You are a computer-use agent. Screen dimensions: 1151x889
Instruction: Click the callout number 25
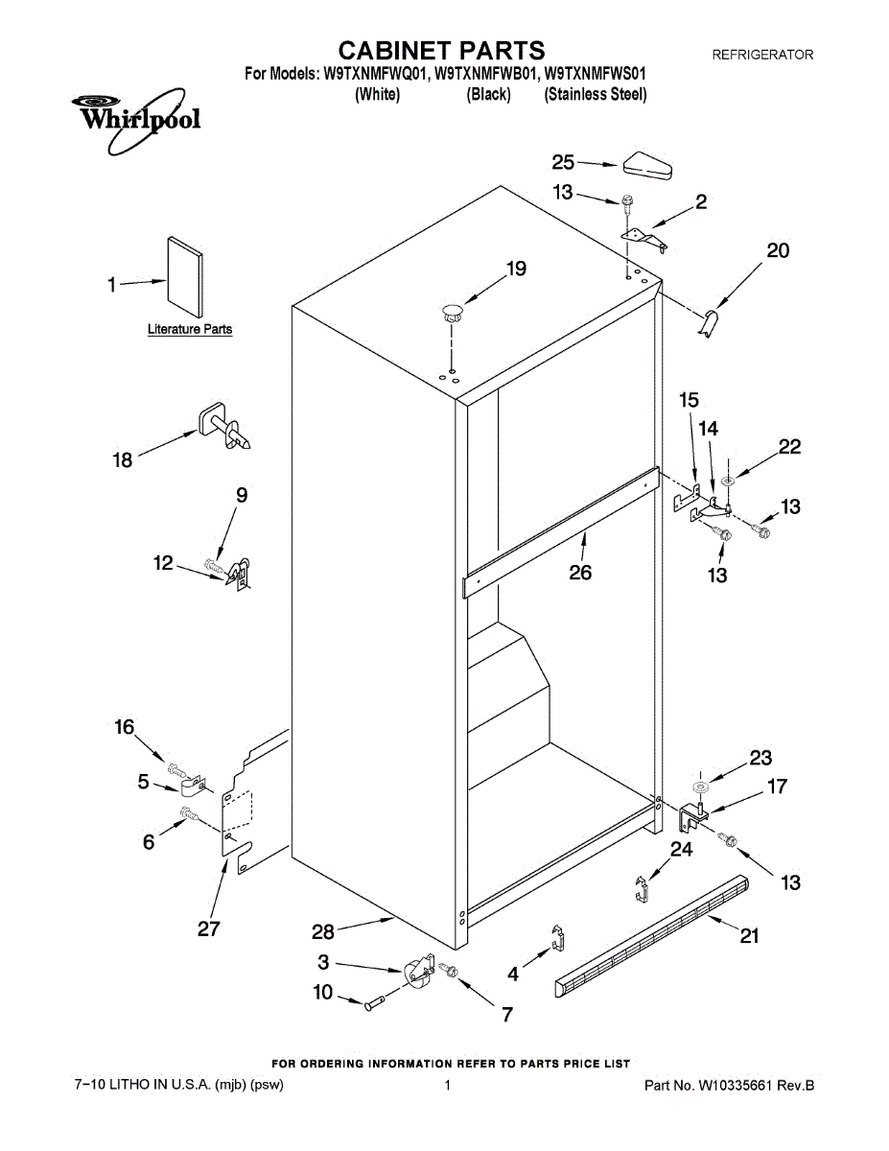(x=563, y=163)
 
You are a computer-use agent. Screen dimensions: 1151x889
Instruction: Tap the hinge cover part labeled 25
(x=647, y=166)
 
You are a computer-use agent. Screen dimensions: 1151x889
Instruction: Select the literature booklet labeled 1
(x=184, y=277)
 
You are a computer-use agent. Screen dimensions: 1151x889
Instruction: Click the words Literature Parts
(x=189, y=329)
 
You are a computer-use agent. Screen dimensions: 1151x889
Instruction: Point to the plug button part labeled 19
(x=452, y=310)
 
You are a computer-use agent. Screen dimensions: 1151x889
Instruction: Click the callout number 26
(x=579, y=573)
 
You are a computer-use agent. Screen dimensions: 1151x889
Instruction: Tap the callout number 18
(x=124, y=460)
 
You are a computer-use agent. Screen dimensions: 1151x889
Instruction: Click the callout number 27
(x=208, y=928)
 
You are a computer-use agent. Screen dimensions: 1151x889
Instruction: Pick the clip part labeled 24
(x=642, y=887)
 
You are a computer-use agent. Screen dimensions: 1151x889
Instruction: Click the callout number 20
(x=778, y=250)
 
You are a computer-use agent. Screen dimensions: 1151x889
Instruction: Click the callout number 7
(x=506, y=1014)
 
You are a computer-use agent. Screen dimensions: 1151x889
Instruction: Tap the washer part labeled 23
(x=700, y=787)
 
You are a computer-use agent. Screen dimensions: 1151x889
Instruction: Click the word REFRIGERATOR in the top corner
(x=761, y=56)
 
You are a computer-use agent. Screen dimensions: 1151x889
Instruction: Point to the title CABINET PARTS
(x=443, y=50)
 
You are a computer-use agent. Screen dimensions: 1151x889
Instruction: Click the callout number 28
(x=325, y=931)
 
